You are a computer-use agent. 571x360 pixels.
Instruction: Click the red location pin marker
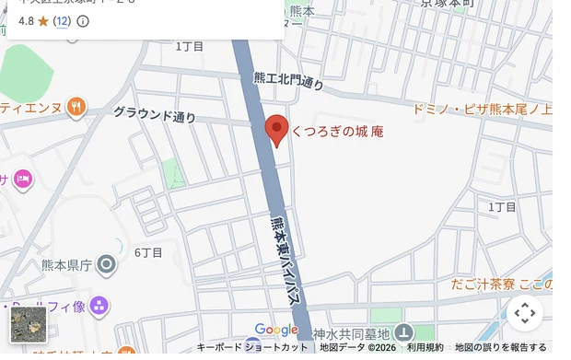[277, 129]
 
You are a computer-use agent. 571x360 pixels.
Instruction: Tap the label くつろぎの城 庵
[337, 132]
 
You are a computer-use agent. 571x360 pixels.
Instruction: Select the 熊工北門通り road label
[288, 81]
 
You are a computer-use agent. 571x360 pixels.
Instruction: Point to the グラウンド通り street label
[155, 115]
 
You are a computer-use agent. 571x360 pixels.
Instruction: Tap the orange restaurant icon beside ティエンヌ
[76, 107]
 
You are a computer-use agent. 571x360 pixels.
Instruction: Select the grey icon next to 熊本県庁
[107, 266]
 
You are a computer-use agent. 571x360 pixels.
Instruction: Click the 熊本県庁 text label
[67, 265]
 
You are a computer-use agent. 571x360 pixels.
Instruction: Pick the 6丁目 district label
[148, 252]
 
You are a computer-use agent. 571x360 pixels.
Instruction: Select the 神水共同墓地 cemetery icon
[403, 333]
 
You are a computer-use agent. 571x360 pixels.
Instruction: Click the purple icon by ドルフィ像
[99, 306]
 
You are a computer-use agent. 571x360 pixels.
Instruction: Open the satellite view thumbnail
[28, 325]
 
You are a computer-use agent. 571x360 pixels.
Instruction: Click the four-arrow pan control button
[525, 313]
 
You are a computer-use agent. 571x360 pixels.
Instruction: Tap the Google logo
[276, 330]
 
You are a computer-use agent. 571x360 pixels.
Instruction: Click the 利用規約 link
[425, 348]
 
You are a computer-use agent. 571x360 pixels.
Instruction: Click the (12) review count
[62, 20]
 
